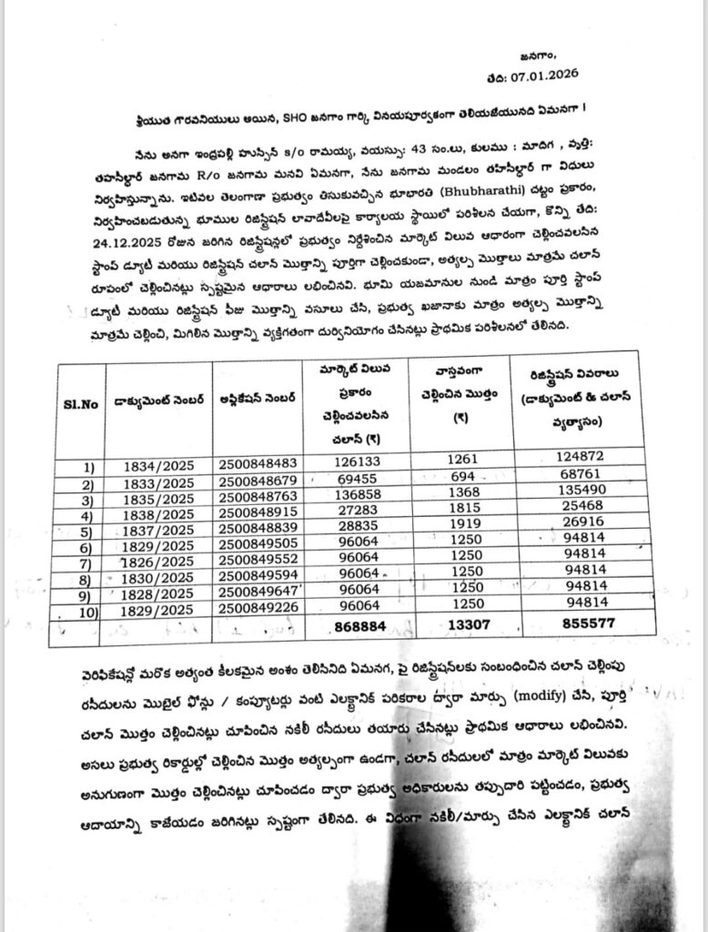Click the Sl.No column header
click(x=81, y=402)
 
